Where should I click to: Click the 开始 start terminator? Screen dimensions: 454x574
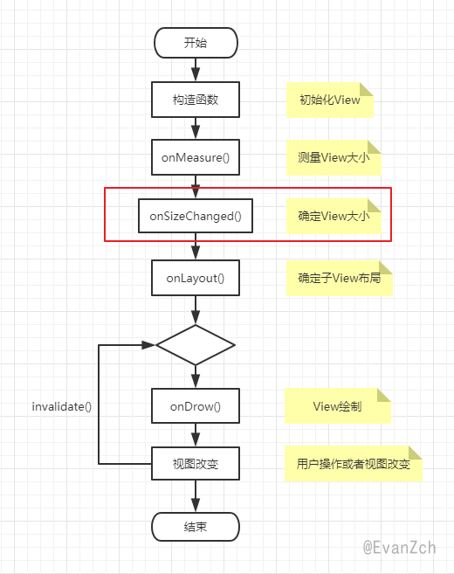[196, 43]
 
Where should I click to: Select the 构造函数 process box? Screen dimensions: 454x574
[196, 100]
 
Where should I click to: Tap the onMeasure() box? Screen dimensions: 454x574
[196, 157]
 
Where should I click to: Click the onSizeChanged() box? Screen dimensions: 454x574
[196, 216]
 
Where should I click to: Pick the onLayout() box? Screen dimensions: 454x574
[196, 278]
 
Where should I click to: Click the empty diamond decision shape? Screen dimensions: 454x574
[196, 345]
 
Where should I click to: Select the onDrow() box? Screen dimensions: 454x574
[196, 406]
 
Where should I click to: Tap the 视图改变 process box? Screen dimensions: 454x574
[196, 464]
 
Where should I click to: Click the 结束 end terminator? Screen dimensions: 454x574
[196, 527]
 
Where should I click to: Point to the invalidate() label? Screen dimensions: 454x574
[62, 407]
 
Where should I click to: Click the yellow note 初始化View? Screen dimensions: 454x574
[330, 100]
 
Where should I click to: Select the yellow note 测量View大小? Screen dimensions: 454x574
[334, 158]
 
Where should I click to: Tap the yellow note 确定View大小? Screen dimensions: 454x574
[334, 217]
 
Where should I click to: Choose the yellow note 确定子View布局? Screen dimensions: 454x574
[340, 279]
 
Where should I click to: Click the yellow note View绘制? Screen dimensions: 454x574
[338, 406]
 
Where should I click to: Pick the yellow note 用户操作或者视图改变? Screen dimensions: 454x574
[354, 464]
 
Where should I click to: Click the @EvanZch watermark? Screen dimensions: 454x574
[400, 548]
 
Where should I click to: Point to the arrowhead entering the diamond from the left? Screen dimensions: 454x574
[148, 345]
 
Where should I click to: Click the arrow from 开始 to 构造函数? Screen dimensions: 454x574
[196, 70]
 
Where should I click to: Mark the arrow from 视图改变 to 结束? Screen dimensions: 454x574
[196, 496]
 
